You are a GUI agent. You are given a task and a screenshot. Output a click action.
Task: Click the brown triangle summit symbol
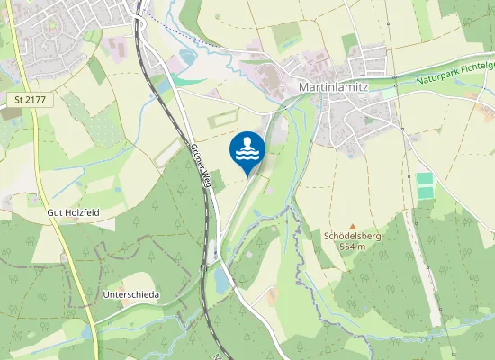tap(353, 226)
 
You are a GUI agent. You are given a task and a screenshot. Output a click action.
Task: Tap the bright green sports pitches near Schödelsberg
tap(425, 185)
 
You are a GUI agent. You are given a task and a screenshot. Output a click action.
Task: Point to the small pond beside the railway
tap(221, 282)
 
